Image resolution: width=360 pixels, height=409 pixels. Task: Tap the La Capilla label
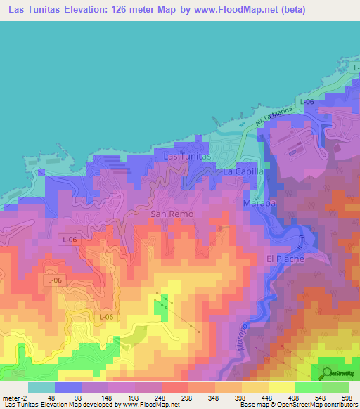(243, 171)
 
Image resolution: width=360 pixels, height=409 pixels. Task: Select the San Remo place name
(172, 213)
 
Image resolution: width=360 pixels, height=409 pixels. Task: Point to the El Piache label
(285, 259)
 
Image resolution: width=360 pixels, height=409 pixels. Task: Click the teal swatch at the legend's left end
(41, 387)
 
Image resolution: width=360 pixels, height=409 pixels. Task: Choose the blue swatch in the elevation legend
(67, 387)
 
